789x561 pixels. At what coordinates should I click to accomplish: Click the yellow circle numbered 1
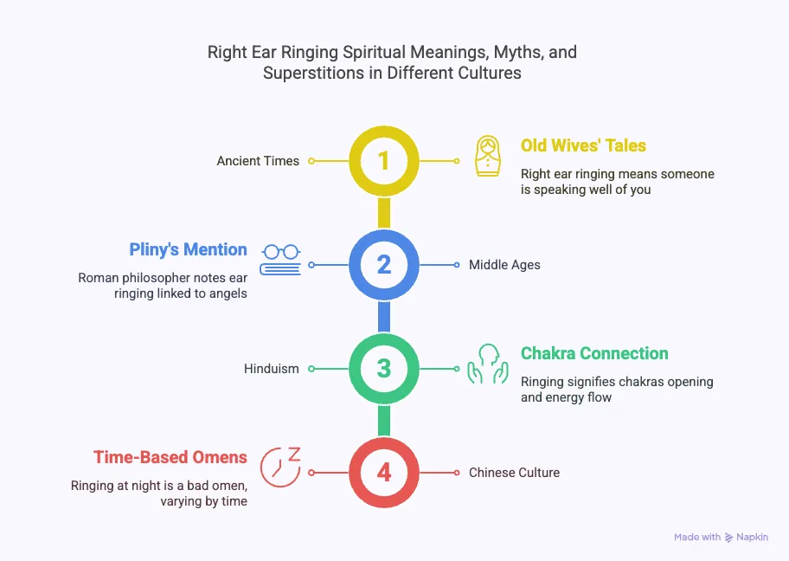pyautogui.click(x=384, y=161)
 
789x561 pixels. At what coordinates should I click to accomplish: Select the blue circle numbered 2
pyautogui.click(x=384, y=265)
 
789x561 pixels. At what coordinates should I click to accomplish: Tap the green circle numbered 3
pyautogui.click(x=384, y=369)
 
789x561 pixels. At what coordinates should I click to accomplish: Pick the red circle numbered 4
pyautogui.click(x=384, y=473)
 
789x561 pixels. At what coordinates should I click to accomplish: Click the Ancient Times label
pyautogui.click(x=258, y=161)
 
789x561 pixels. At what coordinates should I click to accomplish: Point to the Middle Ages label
pyautogui.click(x=504, y=265)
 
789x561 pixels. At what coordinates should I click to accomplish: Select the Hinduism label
pyautogui.click(x=271, y=369)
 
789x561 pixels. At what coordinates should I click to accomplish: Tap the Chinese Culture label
pyautogui.click(x=514, y=473)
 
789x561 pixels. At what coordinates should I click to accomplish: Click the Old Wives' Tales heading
pyautogui.click(x=583, y=145)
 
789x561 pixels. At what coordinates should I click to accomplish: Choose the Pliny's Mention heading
pyautogui.click(x=188, y=249)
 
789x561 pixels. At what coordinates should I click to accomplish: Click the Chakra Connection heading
pyautogui.click(x=594, y=353)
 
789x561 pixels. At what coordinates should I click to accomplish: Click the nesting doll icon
pyautogui.click(x=488, y=156)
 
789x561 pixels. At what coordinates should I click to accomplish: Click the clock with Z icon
pyautogui.click(x=280, y=466)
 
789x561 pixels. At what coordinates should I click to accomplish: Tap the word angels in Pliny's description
pyautogui.click(x=226, y=293)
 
